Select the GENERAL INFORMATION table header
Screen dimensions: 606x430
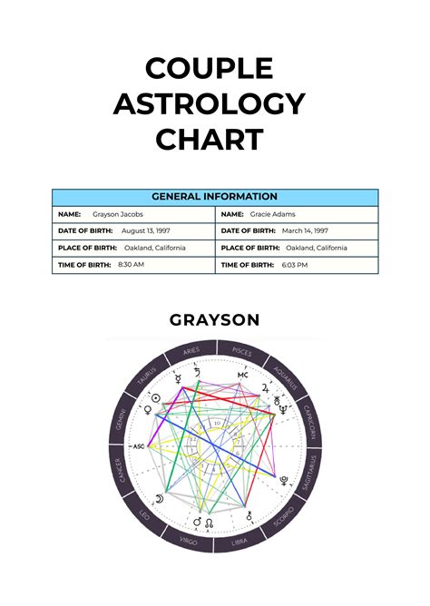[214, 196]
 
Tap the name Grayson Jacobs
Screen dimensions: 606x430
[117, 214]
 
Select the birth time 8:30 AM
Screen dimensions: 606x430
[131, 264]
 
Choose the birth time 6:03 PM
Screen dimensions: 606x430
[295, 264]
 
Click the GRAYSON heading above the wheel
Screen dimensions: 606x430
[214, 319]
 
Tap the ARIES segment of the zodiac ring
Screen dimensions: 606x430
[191, 350]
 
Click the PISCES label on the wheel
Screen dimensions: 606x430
[242, 350]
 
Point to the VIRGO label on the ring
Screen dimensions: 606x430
[189, 542]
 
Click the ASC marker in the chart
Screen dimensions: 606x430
[139, 446]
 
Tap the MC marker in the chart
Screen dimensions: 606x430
[242, 375]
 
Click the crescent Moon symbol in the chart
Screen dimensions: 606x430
[158, 498]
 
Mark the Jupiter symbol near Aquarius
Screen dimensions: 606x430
[264, 386]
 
